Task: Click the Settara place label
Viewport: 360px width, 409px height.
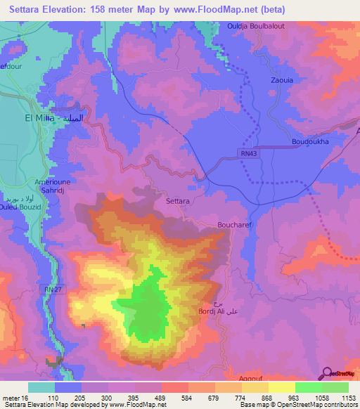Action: point(177,201)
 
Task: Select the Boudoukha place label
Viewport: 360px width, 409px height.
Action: point(310,141)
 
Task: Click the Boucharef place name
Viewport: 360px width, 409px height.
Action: point(230,226)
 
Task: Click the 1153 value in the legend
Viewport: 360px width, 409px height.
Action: point(348,397)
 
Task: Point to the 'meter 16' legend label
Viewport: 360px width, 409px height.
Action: point(14,397)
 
